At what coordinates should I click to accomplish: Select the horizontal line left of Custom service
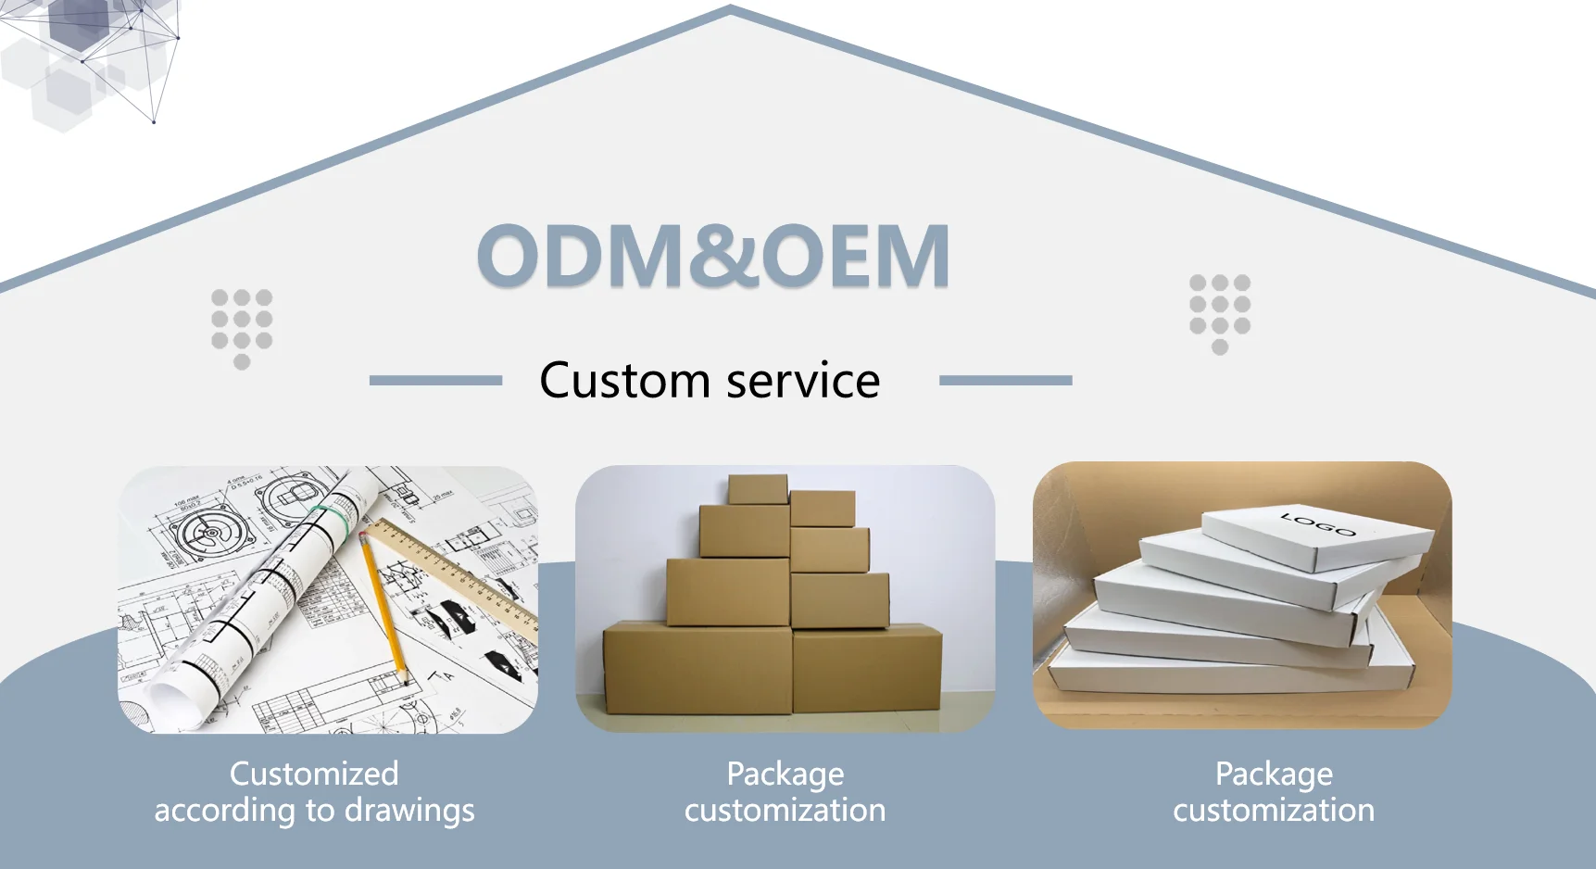click(435, 380)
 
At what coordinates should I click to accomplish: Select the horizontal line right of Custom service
click(1005, 380)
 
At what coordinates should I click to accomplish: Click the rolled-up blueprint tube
click(269, 602)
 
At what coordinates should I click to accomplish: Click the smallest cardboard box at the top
click(757, 489)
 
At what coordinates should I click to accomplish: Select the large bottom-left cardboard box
click(697, 669)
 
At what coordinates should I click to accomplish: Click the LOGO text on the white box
click(1318, 523)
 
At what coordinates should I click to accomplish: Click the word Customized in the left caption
click(314, 774)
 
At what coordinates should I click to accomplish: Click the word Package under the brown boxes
click(785, 774)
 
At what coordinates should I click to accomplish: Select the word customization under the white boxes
click(1274, 811)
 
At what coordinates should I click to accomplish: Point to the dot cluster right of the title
click(1220, 312)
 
